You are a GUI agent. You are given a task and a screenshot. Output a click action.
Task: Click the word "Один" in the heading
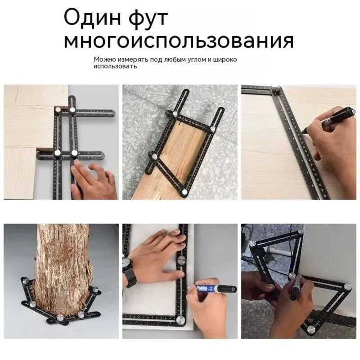92,18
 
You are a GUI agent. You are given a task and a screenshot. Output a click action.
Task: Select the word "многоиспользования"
179,41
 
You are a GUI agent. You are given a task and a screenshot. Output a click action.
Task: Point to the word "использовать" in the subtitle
115,67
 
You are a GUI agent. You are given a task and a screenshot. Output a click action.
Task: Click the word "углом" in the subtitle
197,60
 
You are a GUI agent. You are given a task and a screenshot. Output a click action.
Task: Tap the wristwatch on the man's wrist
129,272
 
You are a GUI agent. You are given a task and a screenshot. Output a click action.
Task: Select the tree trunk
63,266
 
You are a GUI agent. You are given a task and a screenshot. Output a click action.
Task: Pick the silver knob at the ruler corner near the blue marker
181,319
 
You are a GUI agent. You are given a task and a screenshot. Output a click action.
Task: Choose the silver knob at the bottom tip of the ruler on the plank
184,192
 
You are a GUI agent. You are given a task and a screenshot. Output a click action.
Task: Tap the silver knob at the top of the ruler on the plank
175,113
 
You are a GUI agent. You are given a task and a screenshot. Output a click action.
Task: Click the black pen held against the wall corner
296,287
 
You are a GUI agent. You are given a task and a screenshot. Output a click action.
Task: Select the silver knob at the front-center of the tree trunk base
60,318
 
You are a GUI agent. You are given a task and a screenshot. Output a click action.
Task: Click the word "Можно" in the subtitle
105,59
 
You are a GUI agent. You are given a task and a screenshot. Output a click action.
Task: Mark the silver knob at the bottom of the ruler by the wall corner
310,329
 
